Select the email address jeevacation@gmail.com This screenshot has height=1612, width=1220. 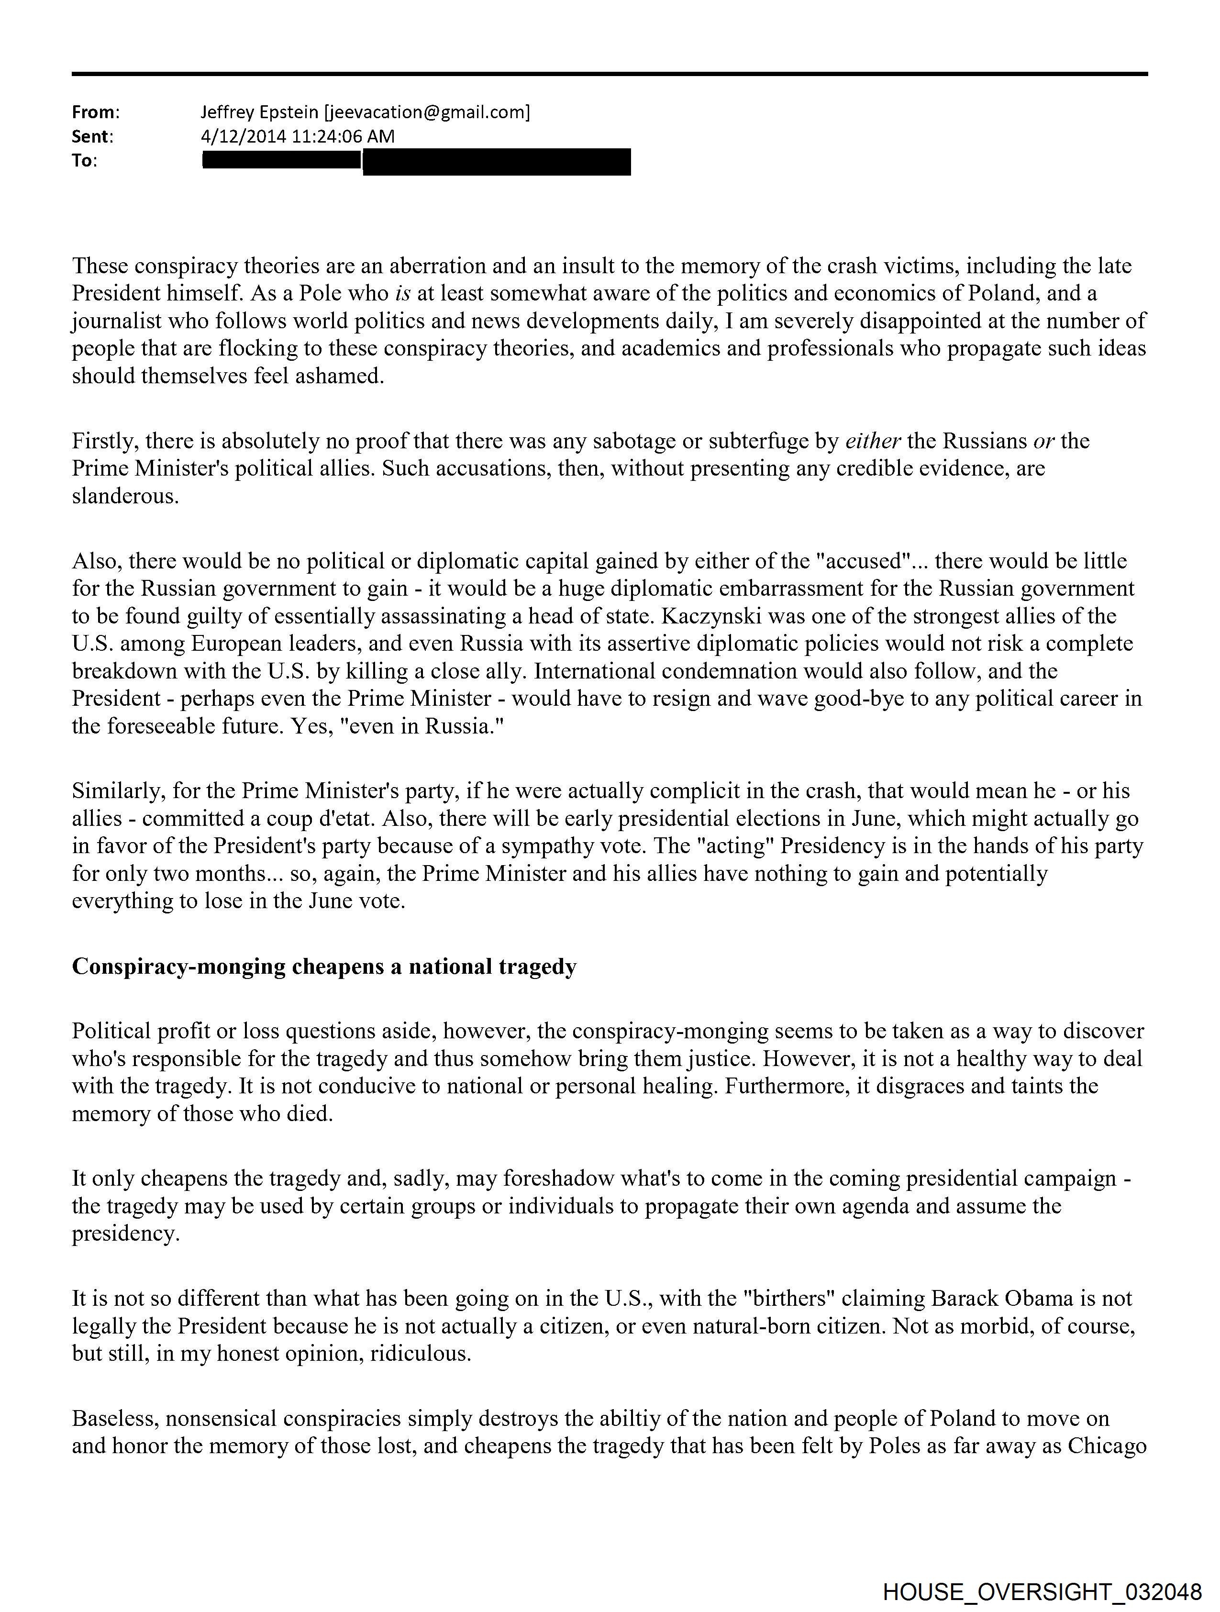[x=427, y=112]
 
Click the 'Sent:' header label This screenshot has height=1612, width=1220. [x=92, y=136]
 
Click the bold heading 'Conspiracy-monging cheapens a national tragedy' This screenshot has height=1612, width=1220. [x=324, y=967]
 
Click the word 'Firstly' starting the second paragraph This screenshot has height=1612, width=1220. [x=106, y=441]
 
